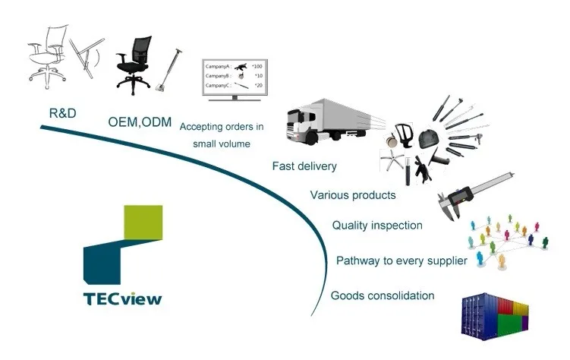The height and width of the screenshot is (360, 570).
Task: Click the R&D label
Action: click(62, 113)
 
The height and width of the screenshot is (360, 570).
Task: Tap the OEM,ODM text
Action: click(140, 122)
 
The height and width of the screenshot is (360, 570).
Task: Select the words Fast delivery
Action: click(304, 166)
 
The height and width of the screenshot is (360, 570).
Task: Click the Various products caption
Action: click(353, 195)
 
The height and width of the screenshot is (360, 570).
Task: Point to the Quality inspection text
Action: click(377, 226)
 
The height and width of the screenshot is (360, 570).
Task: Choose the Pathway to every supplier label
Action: click(402, 261)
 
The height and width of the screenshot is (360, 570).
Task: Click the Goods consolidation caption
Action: click(383, 295)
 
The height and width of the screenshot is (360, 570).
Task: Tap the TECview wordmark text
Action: click(123, 299)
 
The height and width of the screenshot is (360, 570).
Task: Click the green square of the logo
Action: click(143, 223)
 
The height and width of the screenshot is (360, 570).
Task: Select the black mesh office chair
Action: click(133, 65)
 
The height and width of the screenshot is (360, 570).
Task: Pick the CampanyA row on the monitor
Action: click(233, 67)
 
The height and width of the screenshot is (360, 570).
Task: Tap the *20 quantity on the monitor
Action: click(258, 86)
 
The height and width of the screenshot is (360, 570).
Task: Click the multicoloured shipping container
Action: click(494, 317)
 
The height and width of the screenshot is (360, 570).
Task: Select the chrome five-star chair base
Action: click(392, 160)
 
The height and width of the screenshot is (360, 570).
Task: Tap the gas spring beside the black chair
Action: click(168, 70)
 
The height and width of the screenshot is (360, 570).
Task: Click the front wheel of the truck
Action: click(311, 138)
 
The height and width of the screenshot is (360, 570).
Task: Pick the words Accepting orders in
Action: click(222, 127)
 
